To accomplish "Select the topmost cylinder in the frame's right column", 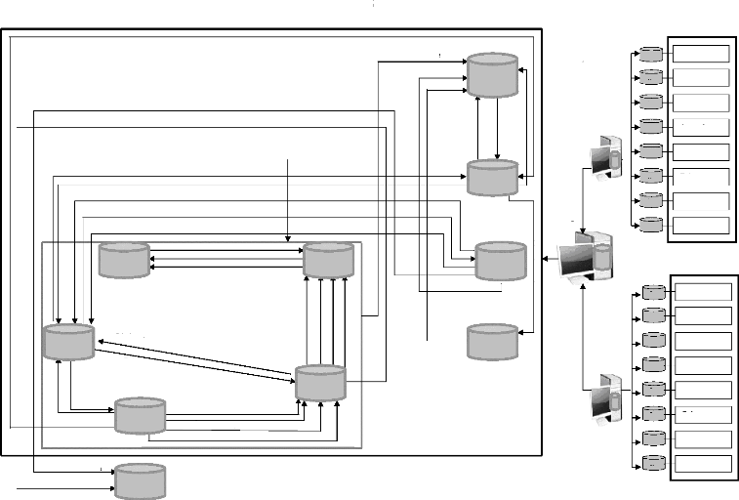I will point(492,74).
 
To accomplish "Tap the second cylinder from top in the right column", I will point(492,177).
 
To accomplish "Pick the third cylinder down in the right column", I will point(500,260).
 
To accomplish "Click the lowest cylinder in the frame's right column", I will point(493,342).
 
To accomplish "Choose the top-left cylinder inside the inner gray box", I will point(124,260).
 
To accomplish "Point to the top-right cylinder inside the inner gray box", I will point(328,260).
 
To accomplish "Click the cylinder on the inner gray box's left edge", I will point(68,341).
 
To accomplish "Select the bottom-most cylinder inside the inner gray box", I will point(140,415).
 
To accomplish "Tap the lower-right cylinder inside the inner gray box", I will point(320,383).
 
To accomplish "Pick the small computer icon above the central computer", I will point(605,156).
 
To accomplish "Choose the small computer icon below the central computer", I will point(605,398).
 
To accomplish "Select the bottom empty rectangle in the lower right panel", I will point(704,463).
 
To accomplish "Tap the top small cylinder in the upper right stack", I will point(649,53).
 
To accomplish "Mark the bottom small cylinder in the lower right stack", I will point(652,463).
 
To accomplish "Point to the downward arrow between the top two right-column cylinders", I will point(499,128).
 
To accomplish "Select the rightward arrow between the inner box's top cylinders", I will point(226,251).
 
